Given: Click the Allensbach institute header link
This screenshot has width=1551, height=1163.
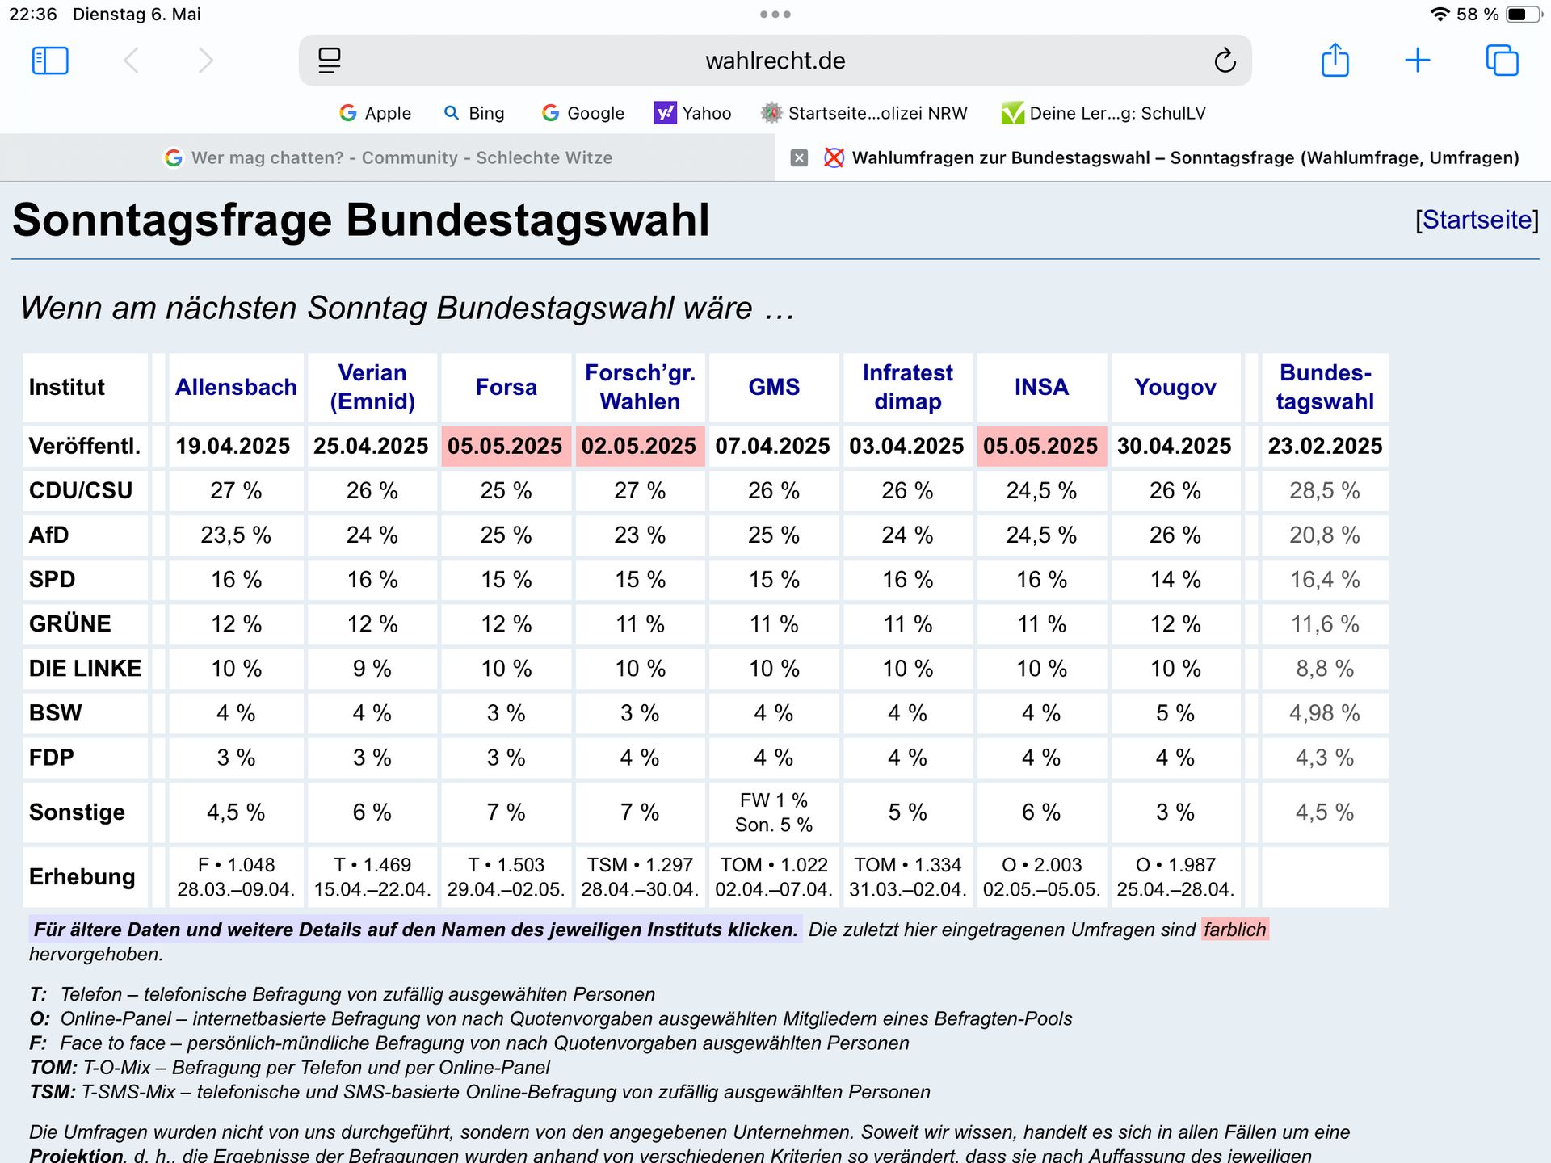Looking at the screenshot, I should pyautogui.click(x=236, y=387).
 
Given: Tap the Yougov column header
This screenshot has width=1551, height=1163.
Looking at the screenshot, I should pyautogui.click(x=1175, y=387).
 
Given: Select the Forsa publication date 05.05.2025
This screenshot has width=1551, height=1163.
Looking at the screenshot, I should pyautogui.click(x=505, y=446).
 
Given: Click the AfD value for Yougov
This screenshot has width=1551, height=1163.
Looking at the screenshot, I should pyautogui.click(x=1175, y=535).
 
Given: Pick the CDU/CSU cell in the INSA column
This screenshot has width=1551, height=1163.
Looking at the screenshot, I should pyautogui.click(x=1040, y=490).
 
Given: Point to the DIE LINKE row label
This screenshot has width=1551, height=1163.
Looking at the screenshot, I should pyautogui.click(x=85, y=668).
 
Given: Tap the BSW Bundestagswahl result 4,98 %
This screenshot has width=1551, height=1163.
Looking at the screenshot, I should pyautogui.click(x=1324, y=712).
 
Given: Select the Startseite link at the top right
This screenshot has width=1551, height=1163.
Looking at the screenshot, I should pyautogui.click(x=1477, y=220).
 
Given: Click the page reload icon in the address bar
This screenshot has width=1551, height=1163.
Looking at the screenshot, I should pyautogui.click(x=1225, y=61).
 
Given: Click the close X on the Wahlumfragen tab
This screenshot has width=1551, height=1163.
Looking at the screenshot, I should pyautogui.click(x=799, y=157).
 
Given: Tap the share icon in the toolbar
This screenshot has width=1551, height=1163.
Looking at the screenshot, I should pyautogui.click(x=1335, y=61).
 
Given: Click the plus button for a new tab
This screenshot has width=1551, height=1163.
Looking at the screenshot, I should pyautogui.click(x=1417, y=61).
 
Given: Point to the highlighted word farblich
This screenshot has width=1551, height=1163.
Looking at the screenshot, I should pyautogui.click(x=1234, y=930).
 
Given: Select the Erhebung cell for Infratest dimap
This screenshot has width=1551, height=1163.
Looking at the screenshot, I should pyautogui.click(x=907, y=876).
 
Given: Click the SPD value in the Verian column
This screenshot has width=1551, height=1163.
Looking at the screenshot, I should pyautogui.click(x=372, y=579).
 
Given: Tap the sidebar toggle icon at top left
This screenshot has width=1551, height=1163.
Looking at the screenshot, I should pyautogui.click(x=50, y=61).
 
